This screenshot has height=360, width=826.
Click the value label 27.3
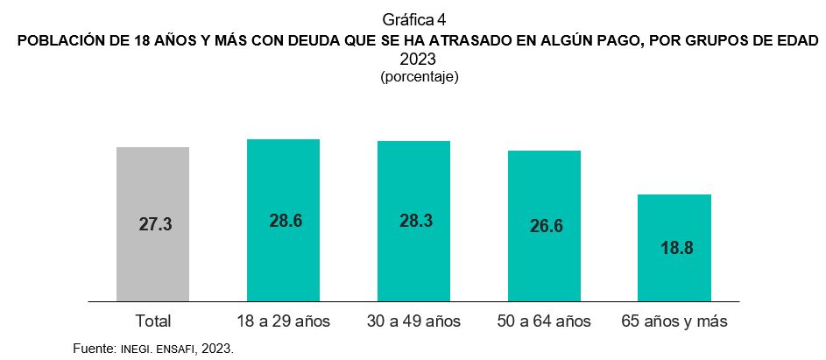pyautogui.click(x=155, y=224)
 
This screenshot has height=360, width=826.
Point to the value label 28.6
pyautogui.click(x=286, y=221)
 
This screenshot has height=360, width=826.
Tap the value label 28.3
pyautogui.click(x=415, y=221)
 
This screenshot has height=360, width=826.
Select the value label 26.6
pyautogui.click(x=546, y=226)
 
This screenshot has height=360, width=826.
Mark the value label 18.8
pyautogui.click(x=676, y=248)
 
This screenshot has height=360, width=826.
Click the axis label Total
pyautogui.click(x=153, y=321)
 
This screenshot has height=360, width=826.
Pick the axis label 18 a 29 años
pyautogui.click(x=283, y=321)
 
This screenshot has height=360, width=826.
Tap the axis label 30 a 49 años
pyautogui.click(x=413, y=321)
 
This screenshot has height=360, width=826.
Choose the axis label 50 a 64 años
pyautogui.click(x=545, y=321)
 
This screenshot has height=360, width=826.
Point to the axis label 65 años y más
pyautogui.click(x=674, y=321)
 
